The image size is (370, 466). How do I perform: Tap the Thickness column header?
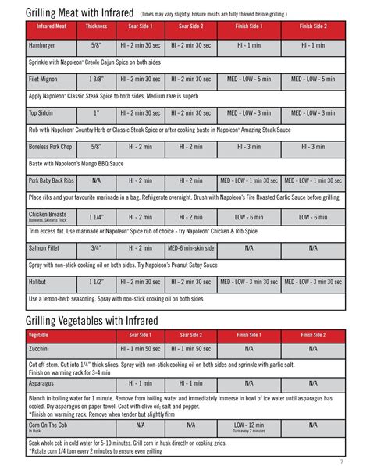click(x=97, y=27)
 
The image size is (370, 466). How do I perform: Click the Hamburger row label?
click(x=46, y=46)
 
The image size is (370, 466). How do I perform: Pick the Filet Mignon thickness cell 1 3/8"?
click(x=97, y=79)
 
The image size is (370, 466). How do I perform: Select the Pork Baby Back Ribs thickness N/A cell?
click(x=97, y=180)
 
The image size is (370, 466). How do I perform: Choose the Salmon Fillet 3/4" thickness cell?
click(x=97, y=248)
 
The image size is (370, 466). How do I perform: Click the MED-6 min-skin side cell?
click(x=190, y=248)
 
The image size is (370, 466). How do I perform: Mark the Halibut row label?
click(x=39, y=282)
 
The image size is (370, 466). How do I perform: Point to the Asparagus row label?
click(x=44, y=383)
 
